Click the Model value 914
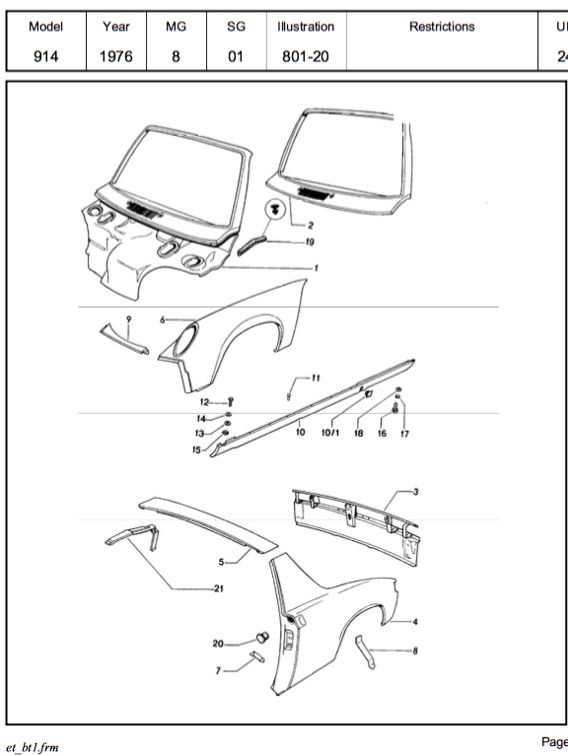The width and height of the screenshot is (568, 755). coord(45,56)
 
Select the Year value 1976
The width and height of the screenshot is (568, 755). coord(116,56)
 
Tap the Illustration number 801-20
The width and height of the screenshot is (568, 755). coord(306,56)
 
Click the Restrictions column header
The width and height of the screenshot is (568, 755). coord(442,27)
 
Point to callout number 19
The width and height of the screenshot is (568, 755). coord(310,241)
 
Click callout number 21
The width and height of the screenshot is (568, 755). coord(219,588)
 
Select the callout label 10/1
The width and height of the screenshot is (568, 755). coord(330,433)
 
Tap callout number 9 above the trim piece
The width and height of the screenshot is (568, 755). coord(128,319)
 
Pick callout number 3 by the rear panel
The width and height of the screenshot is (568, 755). coord(416,492)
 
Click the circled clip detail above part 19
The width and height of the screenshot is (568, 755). coord(275,210)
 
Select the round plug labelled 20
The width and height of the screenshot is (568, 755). coord(262,638)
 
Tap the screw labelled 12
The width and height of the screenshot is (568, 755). coord(232,401)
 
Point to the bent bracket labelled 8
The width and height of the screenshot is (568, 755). coord(365,652)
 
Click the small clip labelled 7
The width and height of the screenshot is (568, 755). coord(257,656)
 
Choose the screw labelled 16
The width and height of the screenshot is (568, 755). coord(395,408)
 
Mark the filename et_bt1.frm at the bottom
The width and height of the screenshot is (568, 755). coord(33,747)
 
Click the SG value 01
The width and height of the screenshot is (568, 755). coord(236,56)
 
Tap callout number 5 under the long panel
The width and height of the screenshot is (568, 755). coord(221,562)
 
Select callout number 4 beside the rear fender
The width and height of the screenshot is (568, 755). coord(415,622)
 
